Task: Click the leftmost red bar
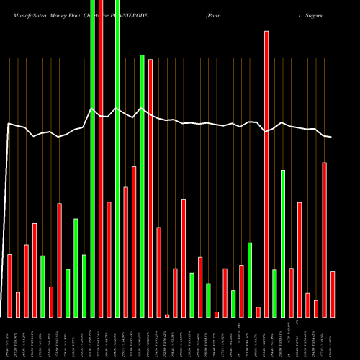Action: [x=9, y=285]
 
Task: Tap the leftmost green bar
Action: [x=42, y=286]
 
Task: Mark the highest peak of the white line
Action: [x=92, y=109]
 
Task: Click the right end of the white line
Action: [x=331, y=137]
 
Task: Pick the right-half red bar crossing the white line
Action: [x=266, y=173]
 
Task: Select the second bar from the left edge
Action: [x=18, y=304]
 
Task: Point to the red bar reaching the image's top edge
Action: [x=101, y=158]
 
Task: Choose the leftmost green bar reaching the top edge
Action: [x=92, y=158]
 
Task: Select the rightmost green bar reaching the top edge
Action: [x=117, y=158]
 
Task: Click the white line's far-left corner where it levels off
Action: [x=8, y=125]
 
